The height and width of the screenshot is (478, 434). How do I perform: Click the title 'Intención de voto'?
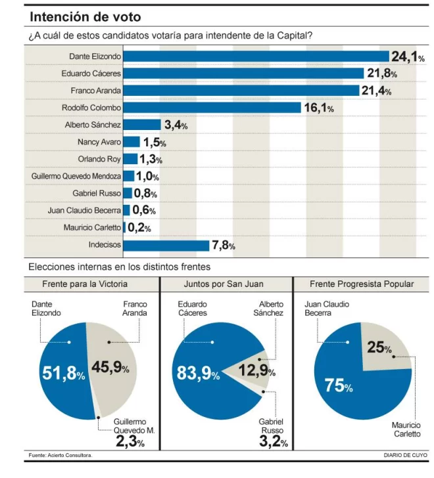(x=85, y=16)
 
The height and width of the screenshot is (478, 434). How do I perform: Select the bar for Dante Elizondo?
(x=256, y=56)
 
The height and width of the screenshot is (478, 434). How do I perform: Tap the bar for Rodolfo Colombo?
(x=212, y=107)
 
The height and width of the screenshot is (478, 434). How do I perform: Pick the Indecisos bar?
(x=166, y=245)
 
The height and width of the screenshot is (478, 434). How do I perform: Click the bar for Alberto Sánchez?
(x=142, y=124)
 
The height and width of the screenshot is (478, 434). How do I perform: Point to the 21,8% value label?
(x=381, y=74)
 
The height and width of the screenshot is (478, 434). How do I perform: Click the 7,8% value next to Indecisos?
(x=223, y=246)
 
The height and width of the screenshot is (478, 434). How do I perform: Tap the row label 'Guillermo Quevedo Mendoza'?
(x=76, y=176)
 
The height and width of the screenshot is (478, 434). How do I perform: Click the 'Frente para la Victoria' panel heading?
(x=85, y=284)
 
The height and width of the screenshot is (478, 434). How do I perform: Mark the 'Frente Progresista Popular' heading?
(x=362, y=284)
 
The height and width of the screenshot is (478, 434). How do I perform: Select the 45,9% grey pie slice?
(x=115, y=368)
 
